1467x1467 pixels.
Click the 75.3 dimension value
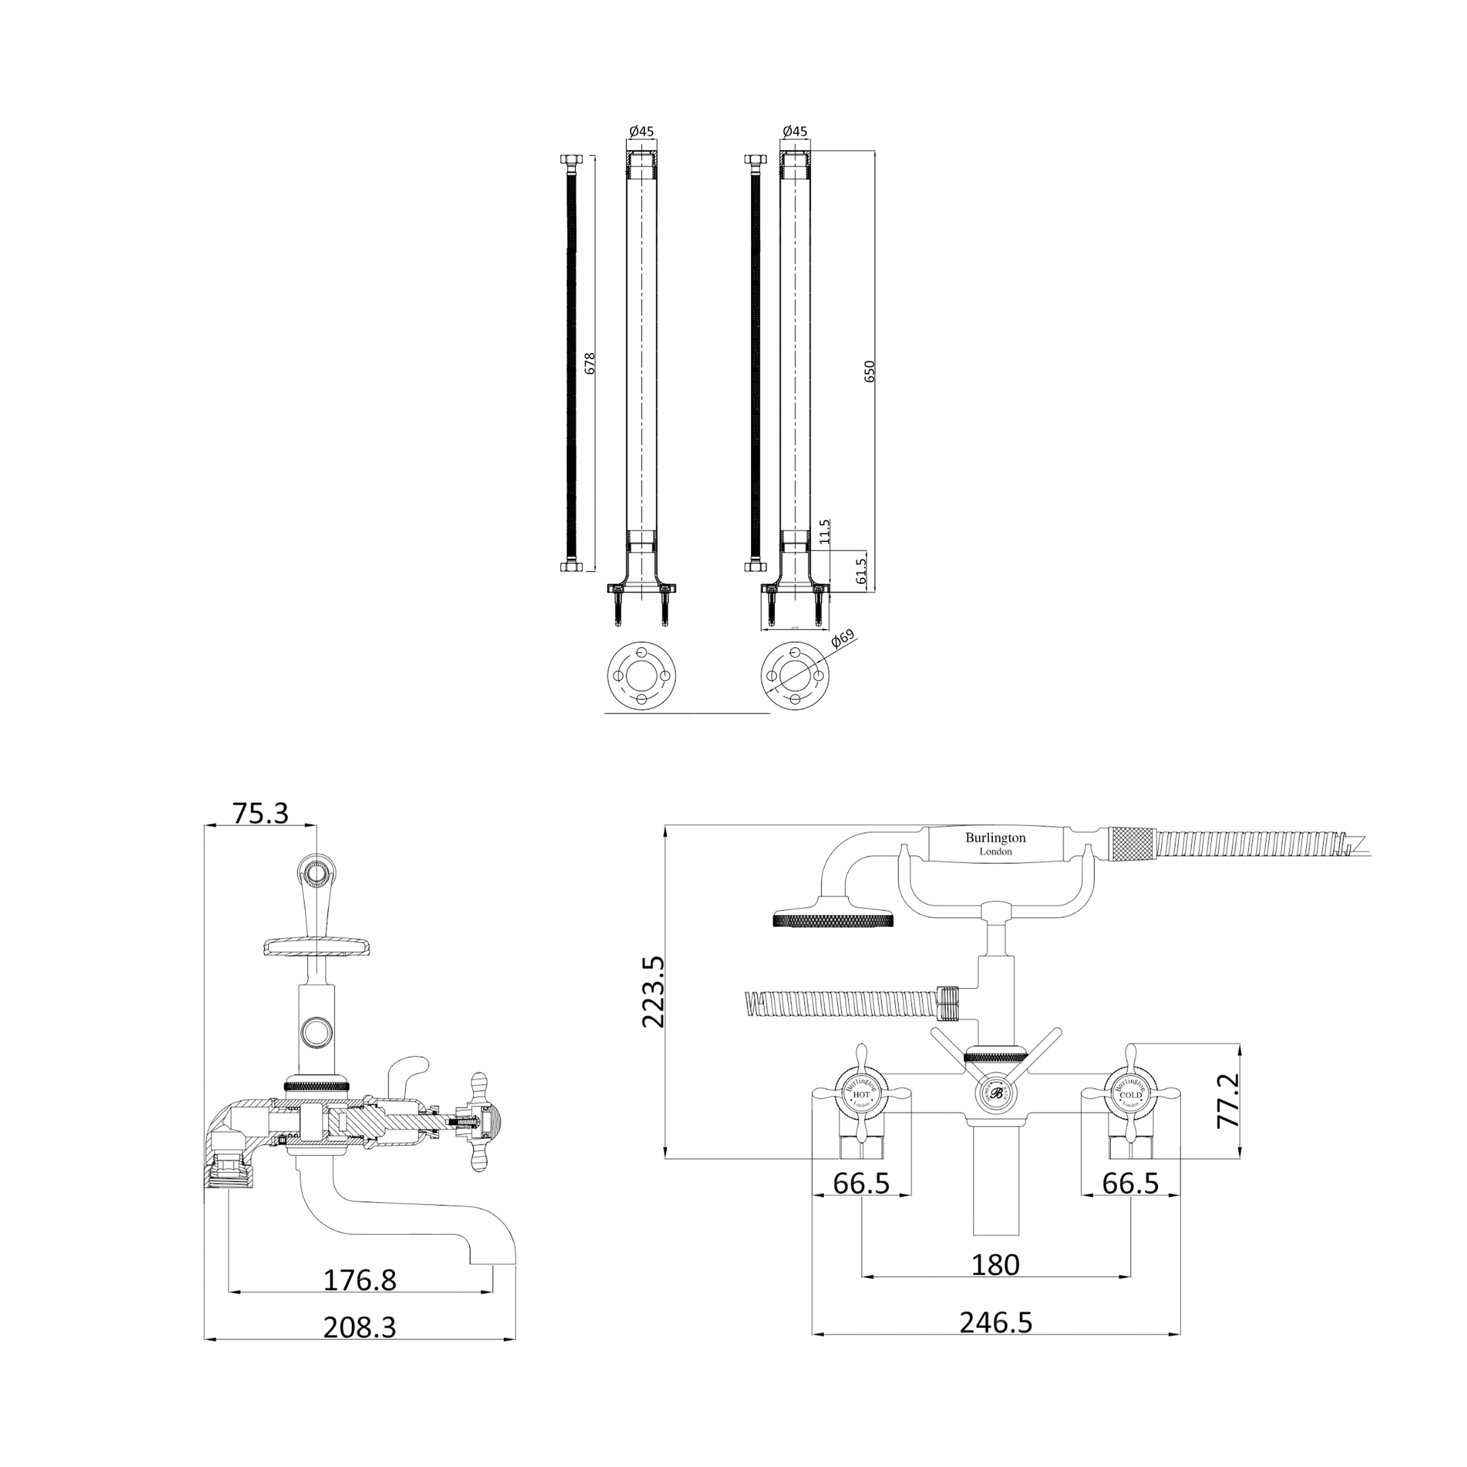261,813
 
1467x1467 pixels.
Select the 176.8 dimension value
360,1280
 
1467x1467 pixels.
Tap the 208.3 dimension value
360,1327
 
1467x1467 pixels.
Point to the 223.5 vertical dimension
654,992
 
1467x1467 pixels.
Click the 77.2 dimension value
1228,1100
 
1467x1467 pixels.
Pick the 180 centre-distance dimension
995,1265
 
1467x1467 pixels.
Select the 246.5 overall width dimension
995,1322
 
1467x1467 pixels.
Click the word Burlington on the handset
995,837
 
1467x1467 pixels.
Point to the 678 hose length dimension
590,363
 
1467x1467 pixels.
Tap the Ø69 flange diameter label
843,638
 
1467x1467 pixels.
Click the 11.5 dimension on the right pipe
826,532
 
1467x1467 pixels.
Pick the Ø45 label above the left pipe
641,131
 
